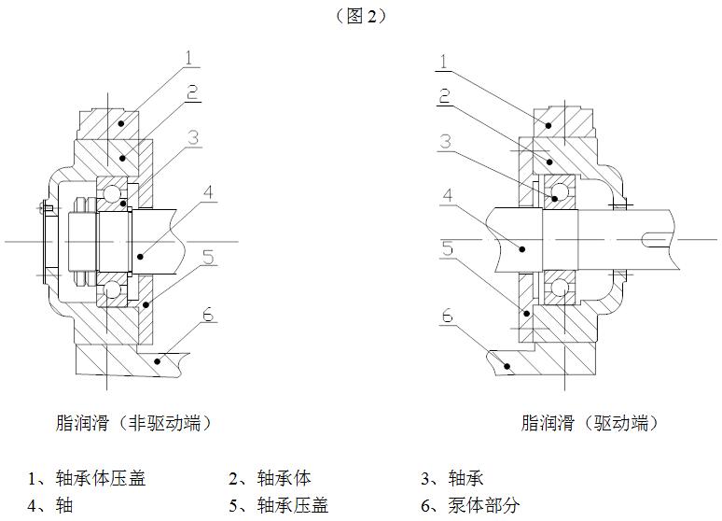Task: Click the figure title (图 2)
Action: click(360, 16)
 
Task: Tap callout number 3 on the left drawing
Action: click(191, 136)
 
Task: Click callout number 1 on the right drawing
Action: click(444, 63)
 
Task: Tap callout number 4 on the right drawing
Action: click(448, 196)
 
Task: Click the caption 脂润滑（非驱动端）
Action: click(134, 423)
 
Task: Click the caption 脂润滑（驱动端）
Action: click(590, 423)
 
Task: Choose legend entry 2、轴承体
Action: click(270, 479)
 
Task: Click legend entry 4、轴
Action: click(50, 506)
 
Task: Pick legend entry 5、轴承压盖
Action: click(279, 506)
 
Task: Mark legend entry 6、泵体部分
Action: click(470, 506)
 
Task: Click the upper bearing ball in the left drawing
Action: click(115, 195)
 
